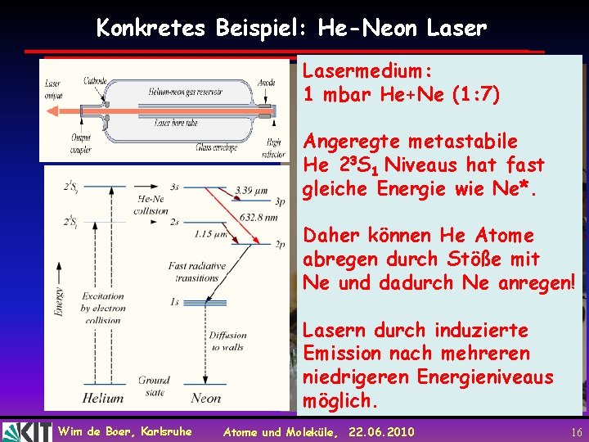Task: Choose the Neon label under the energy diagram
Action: coord(205,399)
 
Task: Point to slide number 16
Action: coord(577,431)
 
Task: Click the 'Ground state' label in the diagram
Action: coord(154,385)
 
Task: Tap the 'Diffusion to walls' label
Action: coord(227,341)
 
